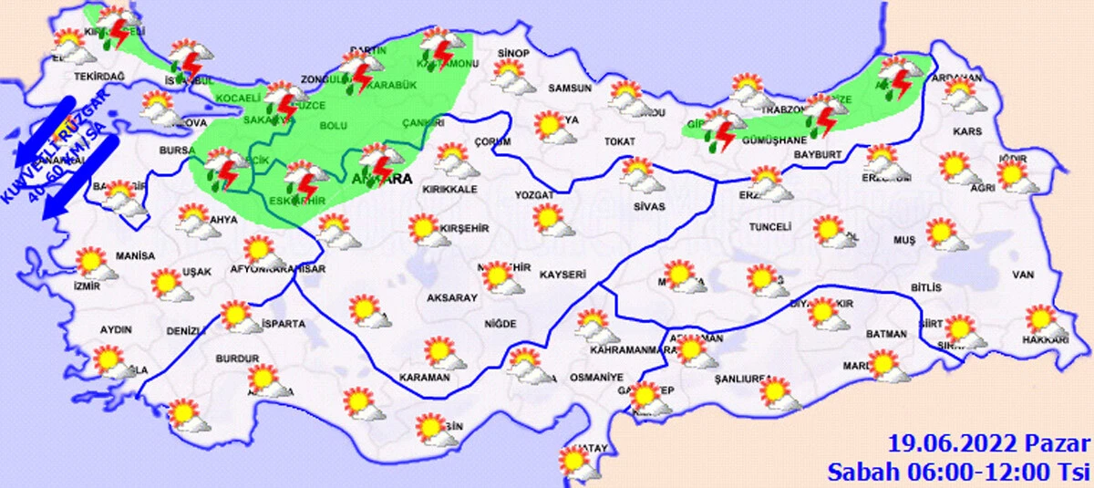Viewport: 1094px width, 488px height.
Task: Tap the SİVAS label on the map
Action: coord(648,207)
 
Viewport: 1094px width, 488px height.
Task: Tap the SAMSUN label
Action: coord(569,88)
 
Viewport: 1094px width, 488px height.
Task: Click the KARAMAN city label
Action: coord(425,377)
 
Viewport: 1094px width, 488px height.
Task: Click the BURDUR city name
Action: coord(238,358)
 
